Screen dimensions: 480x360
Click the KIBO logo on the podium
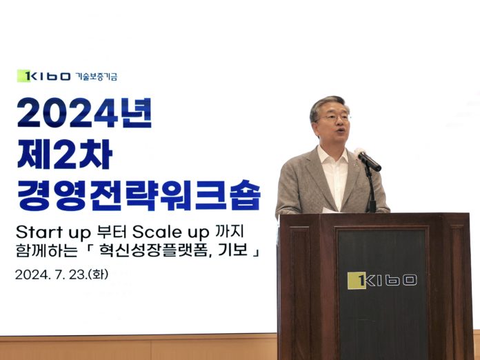(382, 281)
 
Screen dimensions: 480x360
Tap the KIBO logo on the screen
(43, 76)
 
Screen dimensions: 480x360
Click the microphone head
(368, 159)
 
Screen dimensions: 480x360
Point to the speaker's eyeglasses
(333, 118)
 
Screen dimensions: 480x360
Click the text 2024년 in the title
(85, 112)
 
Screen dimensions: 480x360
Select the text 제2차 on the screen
(65, 154)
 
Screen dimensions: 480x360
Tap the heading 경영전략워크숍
(139, 194)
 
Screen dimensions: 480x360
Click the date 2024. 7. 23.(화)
(61, 274)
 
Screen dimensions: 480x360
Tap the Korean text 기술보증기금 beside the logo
(96, 77)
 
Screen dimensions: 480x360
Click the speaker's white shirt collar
(334, 156)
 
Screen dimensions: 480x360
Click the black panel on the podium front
(382, 294)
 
